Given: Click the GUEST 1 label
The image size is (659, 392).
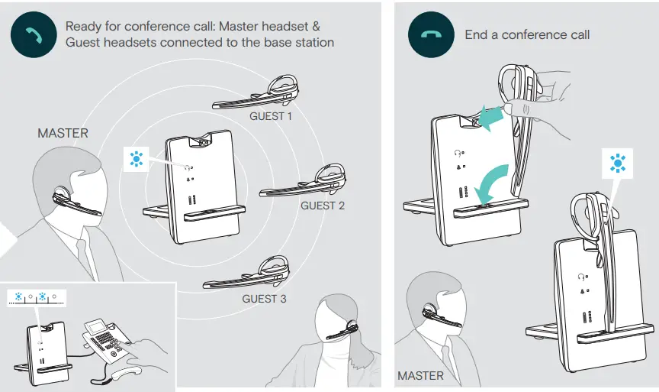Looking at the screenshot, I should click(x=271, y=117).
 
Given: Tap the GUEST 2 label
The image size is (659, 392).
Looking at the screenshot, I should click(x=323, y=206).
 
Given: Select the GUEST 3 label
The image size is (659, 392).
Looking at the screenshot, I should click(x=264, y=299).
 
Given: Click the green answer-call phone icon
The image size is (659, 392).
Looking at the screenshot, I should click(x=34, y=34).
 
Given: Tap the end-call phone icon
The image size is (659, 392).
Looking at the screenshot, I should click(x=432, y=34).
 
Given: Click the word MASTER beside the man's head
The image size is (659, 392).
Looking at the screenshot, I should click(x=63, y=133).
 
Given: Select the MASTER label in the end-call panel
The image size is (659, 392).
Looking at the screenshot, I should click(x=420, y=375).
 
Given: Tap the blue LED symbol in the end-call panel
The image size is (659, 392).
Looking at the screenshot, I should click(x=616, y=162).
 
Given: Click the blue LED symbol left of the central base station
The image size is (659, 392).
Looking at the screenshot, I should click(x=137, y=159).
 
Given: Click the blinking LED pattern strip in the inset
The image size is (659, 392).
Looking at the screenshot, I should click(x=37, y=297).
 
